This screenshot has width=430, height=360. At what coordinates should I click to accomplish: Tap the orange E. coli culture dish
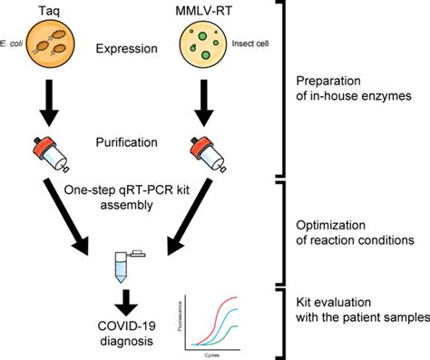(46, 46)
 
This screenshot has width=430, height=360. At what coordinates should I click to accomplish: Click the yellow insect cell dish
(206, 47)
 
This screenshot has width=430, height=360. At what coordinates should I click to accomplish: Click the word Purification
(126, 142)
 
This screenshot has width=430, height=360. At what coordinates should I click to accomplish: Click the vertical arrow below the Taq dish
(46, 101)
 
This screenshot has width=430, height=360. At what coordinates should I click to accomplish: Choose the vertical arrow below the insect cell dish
(207, 101)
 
